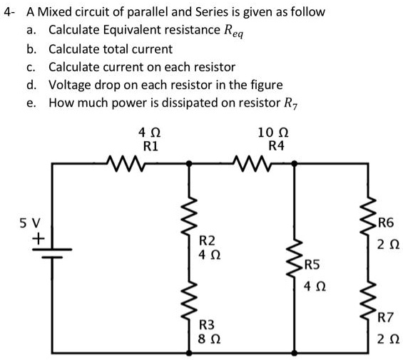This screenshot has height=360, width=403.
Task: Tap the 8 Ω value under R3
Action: tap(208, 338)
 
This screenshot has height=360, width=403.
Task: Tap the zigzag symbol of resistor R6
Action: tap(369, 220)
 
